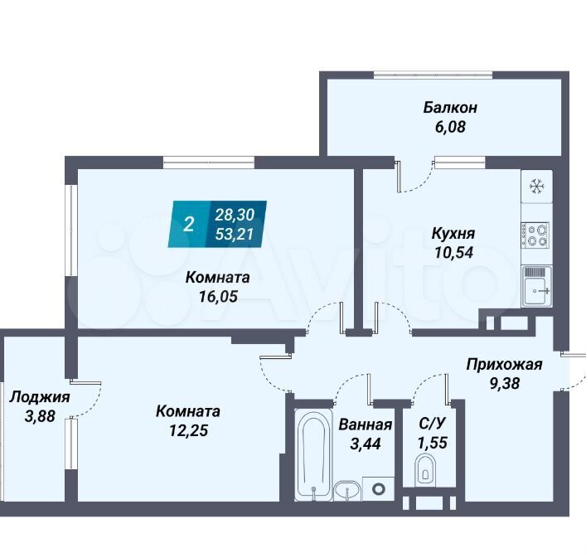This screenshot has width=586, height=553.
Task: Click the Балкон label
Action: [x=450, y=108]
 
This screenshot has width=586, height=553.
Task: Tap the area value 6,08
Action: [x=450, y=127]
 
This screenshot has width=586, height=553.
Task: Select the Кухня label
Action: [x=453, y=233]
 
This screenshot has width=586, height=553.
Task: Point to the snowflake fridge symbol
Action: [x=537, y=187]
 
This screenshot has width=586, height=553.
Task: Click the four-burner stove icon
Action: [x=535, y=235]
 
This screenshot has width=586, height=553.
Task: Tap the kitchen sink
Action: [x=536, y=286]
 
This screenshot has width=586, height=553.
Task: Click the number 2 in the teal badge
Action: [x=188, y=225]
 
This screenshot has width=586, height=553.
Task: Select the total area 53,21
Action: [x=235, y=234]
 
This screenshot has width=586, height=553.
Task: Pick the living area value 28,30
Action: [x=235, y=215]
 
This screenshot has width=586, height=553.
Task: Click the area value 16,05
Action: [x=218, y=297]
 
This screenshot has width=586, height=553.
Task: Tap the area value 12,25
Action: [x=188, y=430]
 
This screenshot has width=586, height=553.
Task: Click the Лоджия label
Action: [x=40, y=397]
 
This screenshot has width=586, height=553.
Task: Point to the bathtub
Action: [x=313, y=454]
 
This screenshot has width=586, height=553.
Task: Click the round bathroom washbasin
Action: [x=347, y=490]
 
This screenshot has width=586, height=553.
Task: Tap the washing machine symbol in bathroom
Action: [x=379, y=488]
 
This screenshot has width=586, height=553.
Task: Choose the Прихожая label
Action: [x=504, y=364]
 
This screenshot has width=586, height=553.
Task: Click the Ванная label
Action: [x=366, y=424]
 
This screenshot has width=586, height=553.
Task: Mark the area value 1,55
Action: [x=433, y=443]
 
